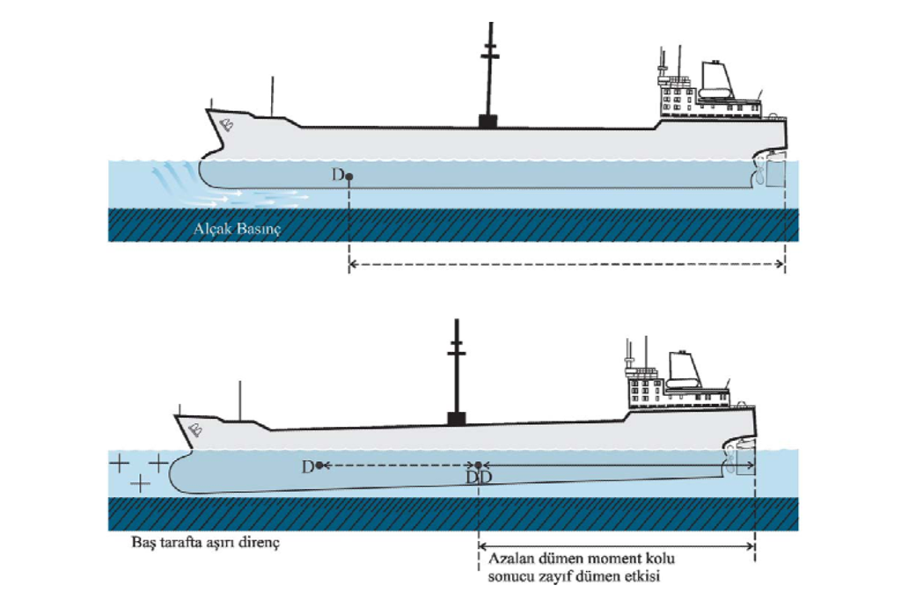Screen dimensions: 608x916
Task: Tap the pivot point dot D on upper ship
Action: click(349, 177)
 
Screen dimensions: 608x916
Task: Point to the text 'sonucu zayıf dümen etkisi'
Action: click(573, 577)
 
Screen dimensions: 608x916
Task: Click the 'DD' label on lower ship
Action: click(479, 476)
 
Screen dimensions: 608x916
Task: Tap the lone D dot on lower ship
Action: click(319, 465)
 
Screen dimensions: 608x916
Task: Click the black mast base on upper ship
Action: click(483, 121)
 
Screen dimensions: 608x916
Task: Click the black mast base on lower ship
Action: click(456, 417)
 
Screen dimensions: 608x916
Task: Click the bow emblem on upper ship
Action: click(226, 123)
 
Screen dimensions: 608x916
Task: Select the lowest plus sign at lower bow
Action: click(138, 483)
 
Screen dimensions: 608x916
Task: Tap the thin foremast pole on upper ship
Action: click(272, 98)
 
